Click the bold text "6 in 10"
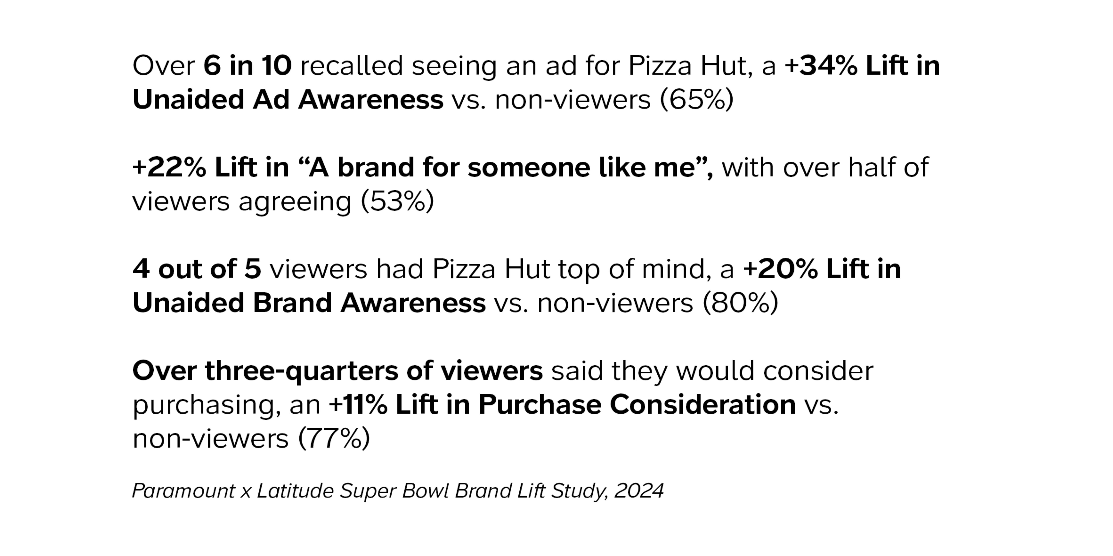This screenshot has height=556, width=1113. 247,66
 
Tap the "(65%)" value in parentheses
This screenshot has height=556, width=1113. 697,100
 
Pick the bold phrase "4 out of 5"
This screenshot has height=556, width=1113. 197,269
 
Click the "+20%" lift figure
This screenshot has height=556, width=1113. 780,269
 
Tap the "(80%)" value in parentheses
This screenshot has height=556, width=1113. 740,303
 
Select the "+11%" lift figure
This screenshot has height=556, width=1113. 358,405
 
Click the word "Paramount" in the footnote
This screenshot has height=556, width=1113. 183,491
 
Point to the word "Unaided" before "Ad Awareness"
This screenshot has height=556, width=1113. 188,100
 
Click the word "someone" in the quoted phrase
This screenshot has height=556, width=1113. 528,168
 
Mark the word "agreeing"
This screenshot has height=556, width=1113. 295,202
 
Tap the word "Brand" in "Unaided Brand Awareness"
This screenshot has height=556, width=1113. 292,303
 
